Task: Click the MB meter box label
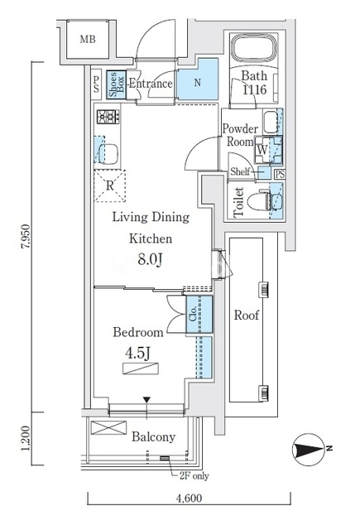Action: (88, 40)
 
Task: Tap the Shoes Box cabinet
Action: (117, 84)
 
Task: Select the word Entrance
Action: (151, 84)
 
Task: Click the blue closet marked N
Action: (198, 79)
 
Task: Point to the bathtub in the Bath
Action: (254, 48)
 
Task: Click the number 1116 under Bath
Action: (254, 89)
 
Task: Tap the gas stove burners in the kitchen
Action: (108, 117)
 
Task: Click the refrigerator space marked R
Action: (110, 185)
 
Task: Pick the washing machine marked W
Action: (268, 149)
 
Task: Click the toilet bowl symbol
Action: (260, 201)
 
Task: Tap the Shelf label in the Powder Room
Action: (240, 171)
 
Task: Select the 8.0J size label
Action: (151, 260)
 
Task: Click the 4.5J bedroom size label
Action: (137, 354)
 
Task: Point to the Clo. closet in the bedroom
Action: (199, 314)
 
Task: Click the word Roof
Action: (247, 316)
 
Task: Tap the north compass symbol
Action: (309, 450)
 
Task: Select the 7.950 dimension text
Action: (26, 237)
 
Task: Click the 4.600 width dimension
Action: (190, 498)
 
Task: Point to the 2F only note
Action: (194, 476)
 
